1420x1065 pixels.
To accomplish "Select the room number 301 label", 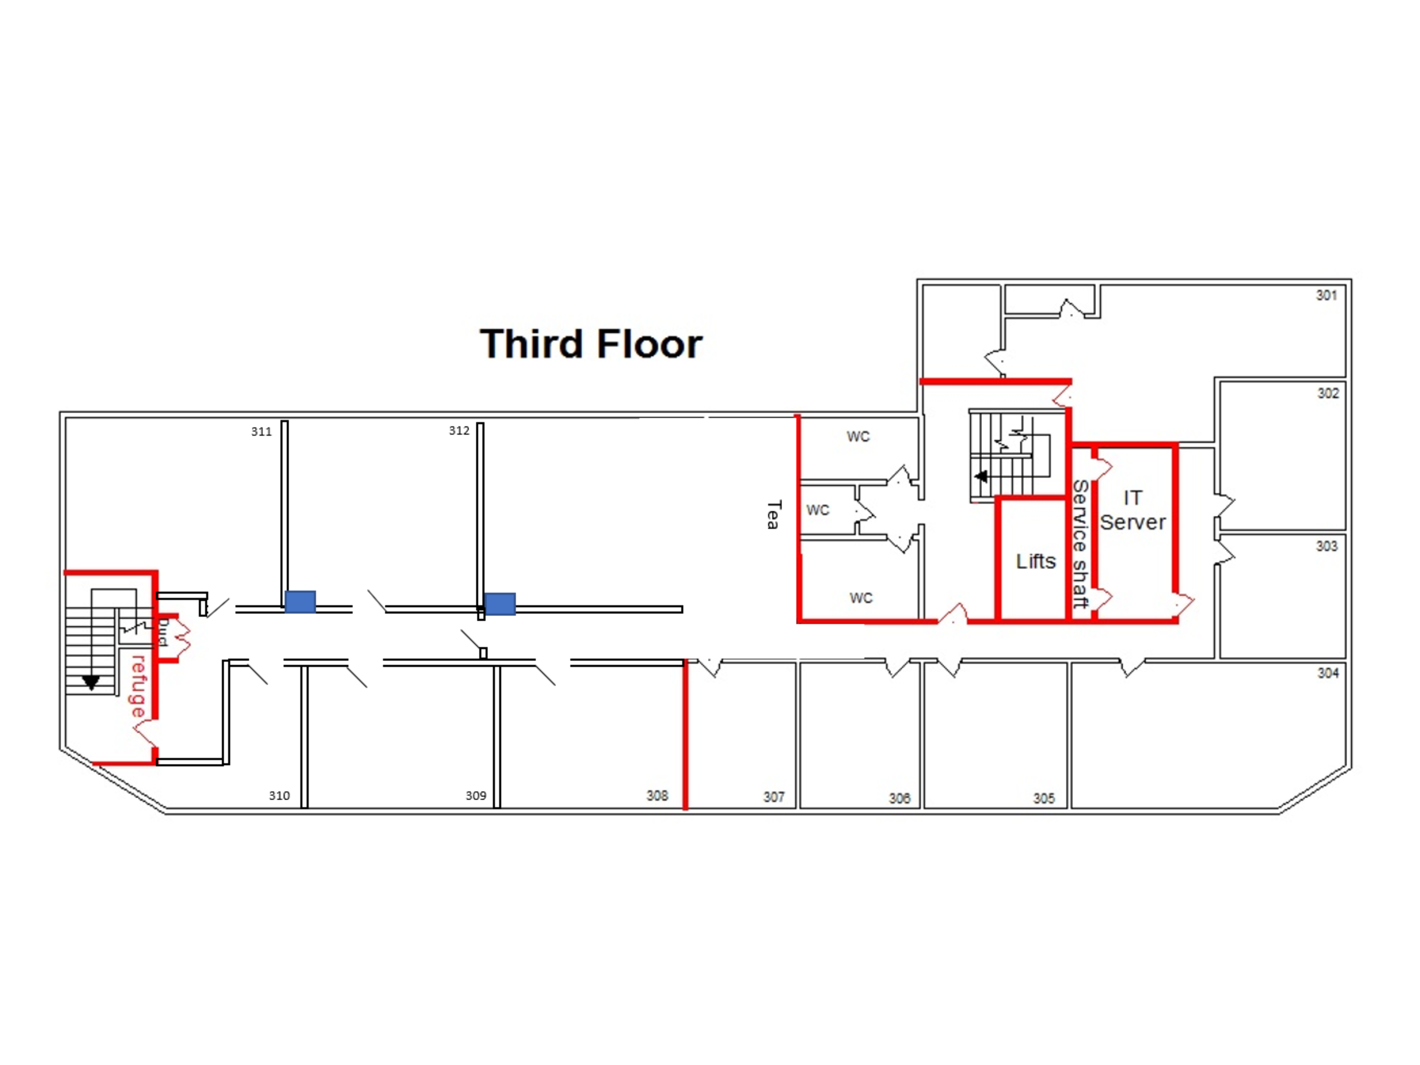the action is [1326, 295].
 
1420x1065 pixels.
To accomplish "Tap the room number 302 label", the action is [1328, 393].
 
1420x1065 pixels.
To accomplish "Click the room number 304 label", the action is [1328, 673].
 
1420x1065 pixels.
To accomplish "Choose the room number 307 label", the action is [773, 797].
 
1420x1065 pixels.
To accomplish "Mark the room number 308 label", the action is [657, 795].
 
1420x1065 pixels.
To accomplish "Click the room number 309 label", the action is [476, 795].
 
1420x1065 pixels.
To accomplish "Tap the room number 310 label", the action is [279, 795].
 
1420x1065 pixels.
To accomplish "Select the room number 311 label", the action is [261, 431].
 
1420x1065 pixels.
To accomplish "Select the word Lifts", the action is [1035, 561].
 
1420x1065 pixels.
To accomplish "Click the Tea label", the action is [773, 515].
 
